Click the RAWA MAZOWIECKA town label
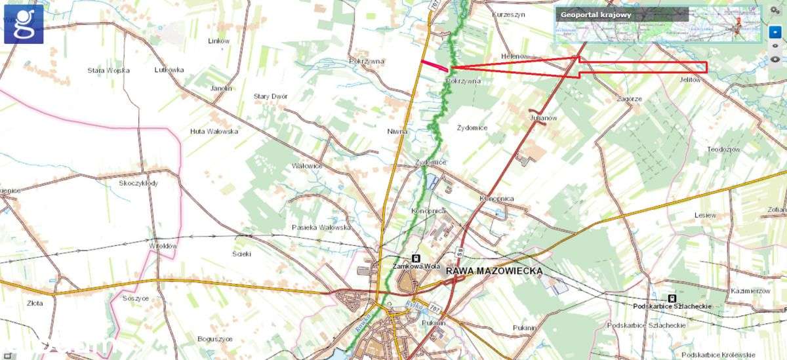[494, 271]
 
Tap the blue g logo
[24, 24]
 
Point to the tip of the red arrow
[451, 67]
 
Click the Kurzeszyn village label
[508, 14]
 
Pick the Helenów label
[515, 56]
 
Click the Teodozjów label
[723, 150]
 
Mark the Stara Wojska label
[109, 70]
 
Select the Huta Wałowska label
[214, 131]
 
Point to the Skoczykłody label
[138, 183]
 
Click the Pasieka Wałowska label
[321, 228]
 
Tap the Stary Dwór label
[271, 96]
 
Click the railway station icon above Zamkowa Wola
[415, 258]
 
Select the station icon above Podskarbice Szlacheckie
[672, 298]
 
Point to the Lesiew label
[706, 214]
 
